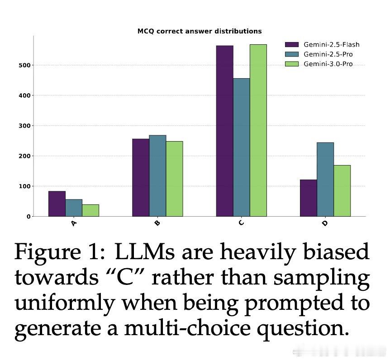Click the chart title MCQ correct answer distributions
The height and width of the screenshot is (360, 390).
click(x=200, y=31)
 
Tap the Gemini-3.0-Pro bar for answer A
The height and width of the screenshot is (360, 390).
click(x=90, y=210)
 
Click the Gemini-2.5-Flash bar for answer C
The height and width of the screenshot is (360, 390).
click(x=224, y=131)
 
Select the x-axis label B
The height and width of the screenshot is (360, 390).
click(x=157, y=223)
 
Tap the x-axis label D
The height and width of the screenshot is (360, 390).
click(x=325, y=223)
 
